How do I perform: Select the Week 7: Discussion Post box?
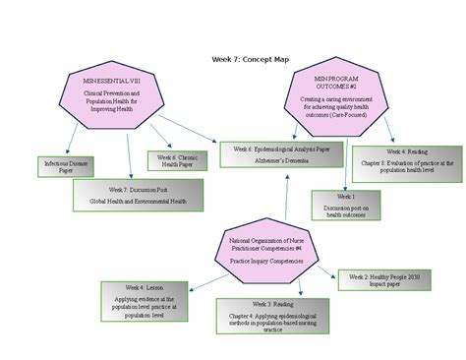[x=138, y=194]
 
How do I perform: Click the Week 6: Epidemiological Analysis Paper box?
[x=281, y=153]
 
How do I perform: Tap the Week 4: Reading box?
[x=406, y=164]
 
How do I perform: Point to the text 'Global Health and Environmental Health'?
[x=139, y=200]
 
